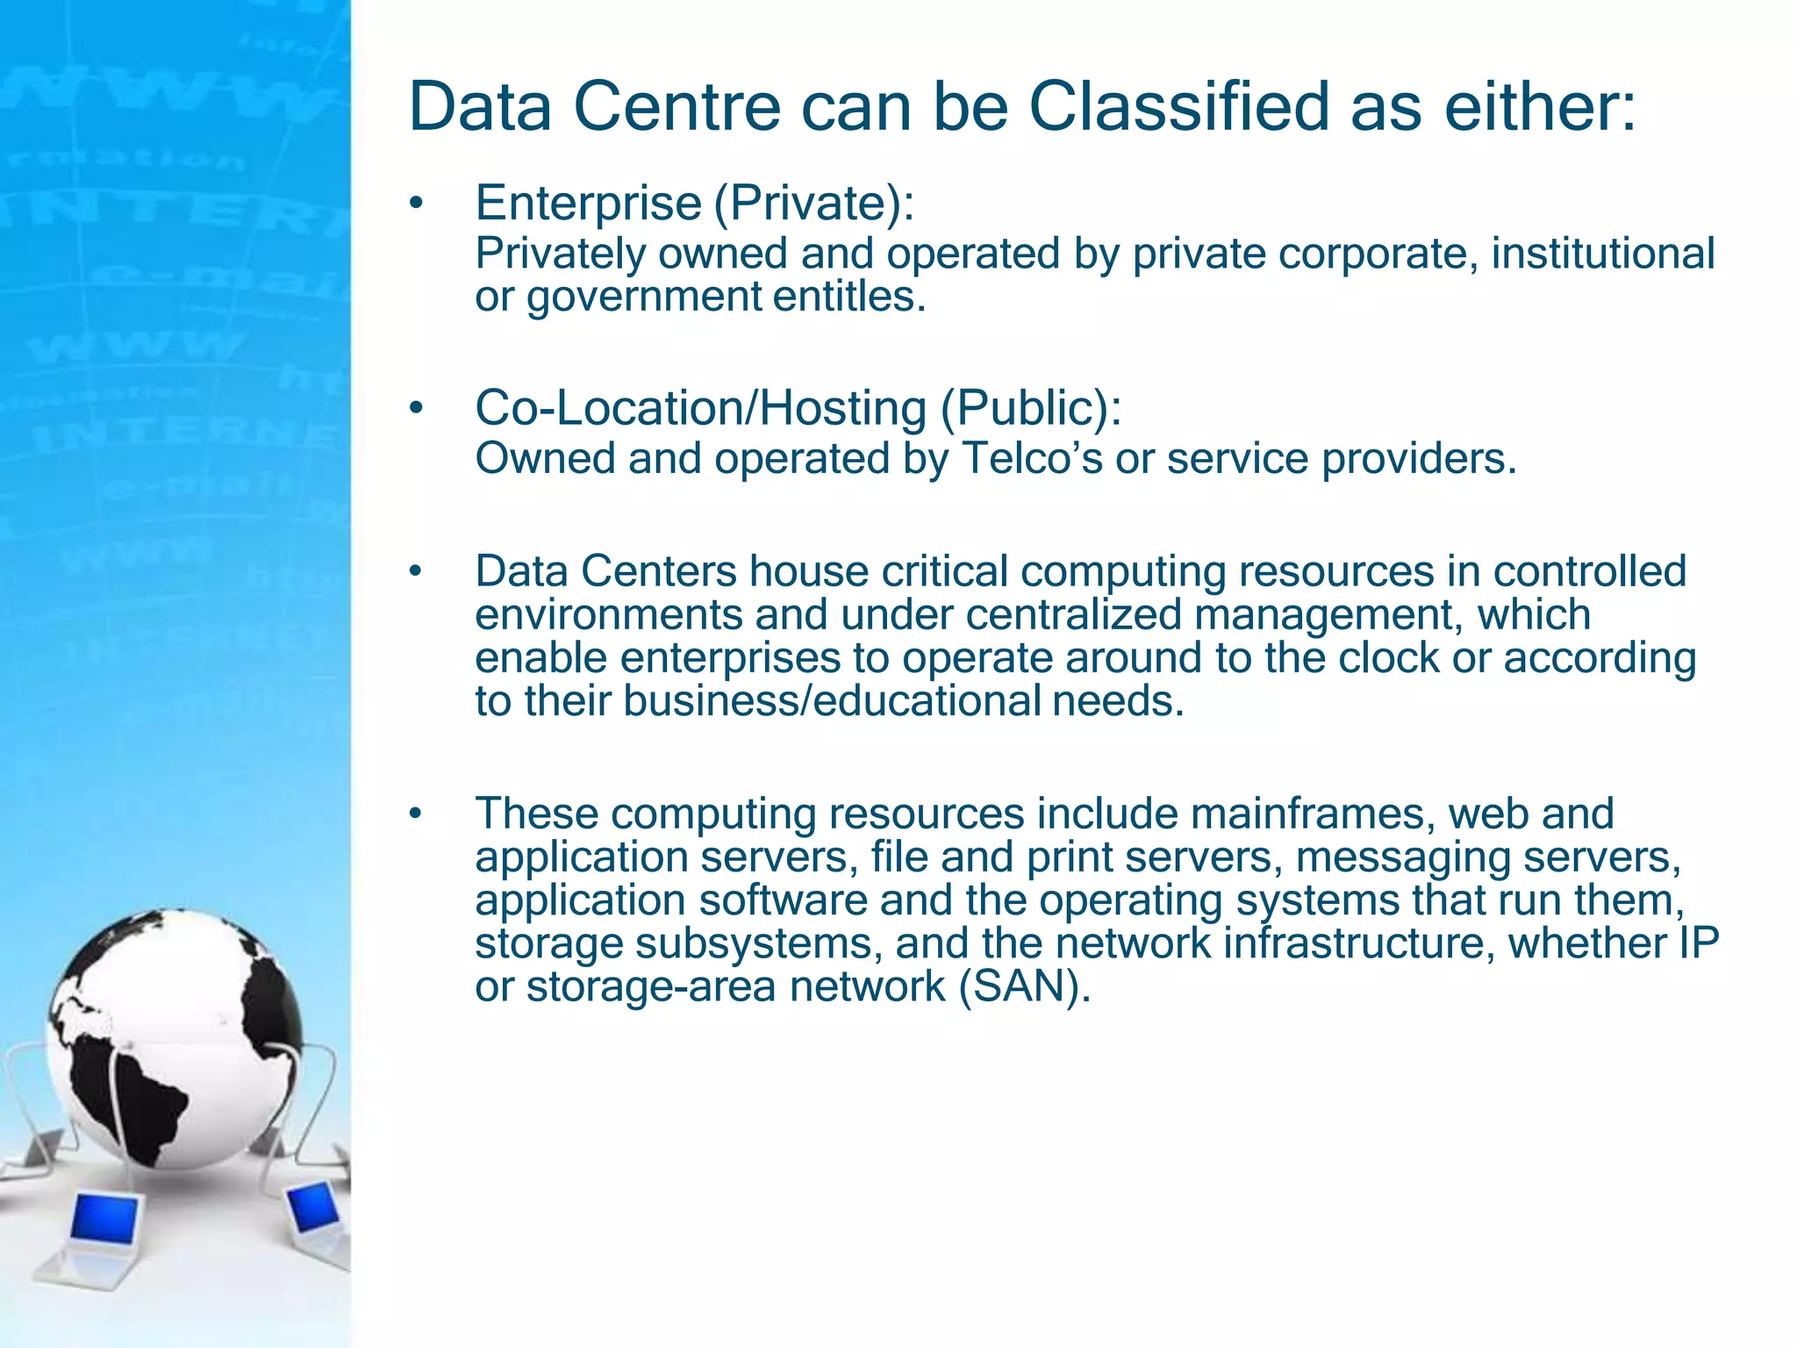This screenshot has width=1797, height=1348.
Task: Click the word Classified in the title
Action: pyautogui.click(x=1179, y=107)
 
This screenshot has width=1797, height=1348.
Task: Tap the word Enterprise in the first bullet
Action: pyautogui.click(x=588, y=203)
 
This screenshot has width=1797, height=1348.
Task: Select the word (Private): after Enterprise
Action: pyautogui.click(x=813, y=203)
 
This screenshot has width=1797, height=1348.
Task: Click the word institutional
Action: pyautogui.click(x=1602, y=254)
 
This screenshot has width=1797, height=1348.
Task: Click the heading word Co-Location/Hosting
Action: pyautogui.click(x=700, y=408)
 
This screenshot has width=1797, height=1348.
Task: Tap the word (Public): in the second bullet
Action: pyautogui.click(x=1030, y=408)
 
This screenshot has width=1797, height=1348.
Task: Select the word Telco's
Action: pyautogui.click(x=1032, y=458)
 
